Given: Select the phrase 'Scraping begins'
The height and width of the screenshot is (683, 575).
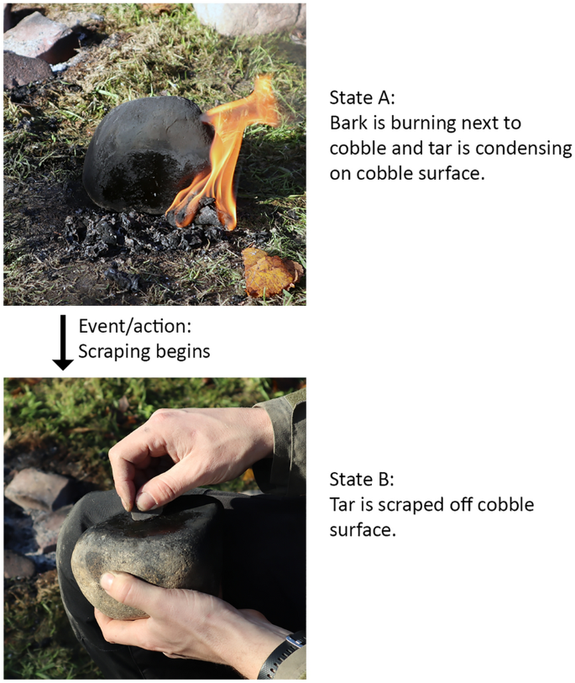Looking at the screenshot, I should (144, 351).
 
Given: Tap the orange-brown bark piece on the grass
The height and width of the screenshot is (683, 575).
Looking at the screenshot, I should (271, 271).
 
